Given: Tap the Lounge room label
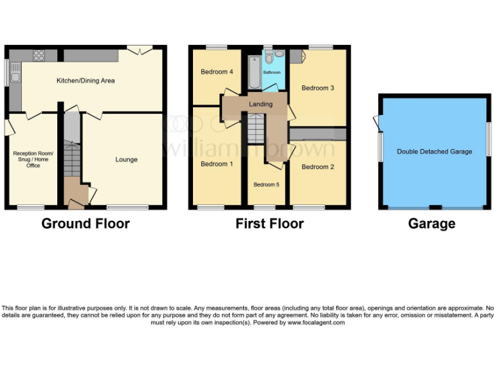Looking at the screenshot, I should coord(126,159).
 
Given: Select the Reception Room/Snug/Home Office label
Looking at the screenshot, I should coord(33,159).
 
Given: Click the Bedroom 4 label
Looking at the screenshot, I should coord(214,71).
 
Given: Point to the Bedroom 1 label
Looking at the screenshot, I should coord(214,164).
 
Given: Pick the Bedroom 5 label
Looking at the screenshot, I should coord(266,185).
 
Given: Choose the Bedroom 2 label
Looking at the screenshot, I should coord(318,167).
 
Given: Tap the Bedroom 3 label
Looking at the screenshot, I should coord(318,88).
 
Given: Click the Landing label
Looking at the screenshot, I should coord(261,104).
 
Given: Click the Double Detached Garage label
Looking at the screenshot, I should coord(434,152).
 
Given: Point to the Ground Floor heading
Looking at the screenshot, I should coord(86,224).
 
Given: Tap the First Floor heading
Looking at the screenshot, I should coord(270,224).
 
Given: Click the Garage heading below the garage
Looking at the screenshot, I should coord(432,224).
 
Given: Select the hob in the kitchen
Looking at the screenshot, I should coord(38,55).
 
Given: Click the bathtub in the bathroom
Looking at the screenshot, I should coord(253,73).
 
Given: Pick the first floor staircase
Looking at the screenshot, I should coord(256,128).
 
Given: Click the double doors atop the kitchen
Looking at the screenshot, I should coord(140,49).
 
